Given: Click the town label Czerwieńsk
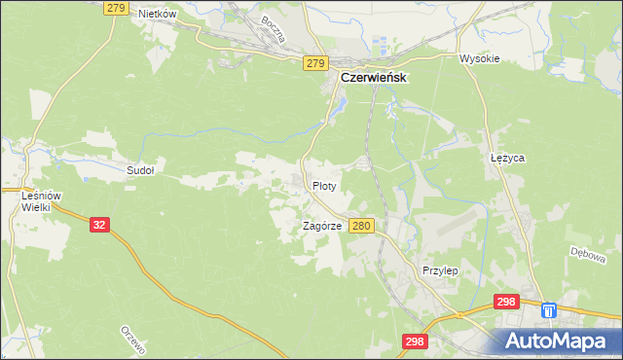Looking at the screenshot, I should point(373,78).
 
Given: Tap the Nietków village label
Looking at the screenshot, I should point(157,14).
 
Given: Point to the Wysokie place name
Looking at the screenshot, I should point(479,58).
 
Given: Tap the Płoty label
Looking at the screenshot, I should point(324,185).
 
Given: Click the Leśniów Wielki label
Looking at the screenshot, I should point(41,200).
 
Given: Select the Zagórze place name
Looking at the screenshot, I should point(321,226).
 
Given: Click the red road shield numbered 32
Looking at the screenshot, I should point(99,224).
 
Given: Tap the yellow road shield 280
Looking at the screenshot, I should point(361,226).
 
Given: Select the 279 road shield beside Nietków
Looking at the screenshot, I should point(116,8).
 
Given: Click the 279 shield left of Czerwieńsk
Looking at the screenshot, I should point(313,63).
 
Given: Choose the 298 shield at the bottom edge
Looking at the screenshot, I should point(415,342).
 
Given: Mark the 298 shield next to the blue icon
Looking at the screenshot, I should point(506,303).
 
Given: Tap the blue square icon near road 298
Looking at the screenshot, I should point(549,310).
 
